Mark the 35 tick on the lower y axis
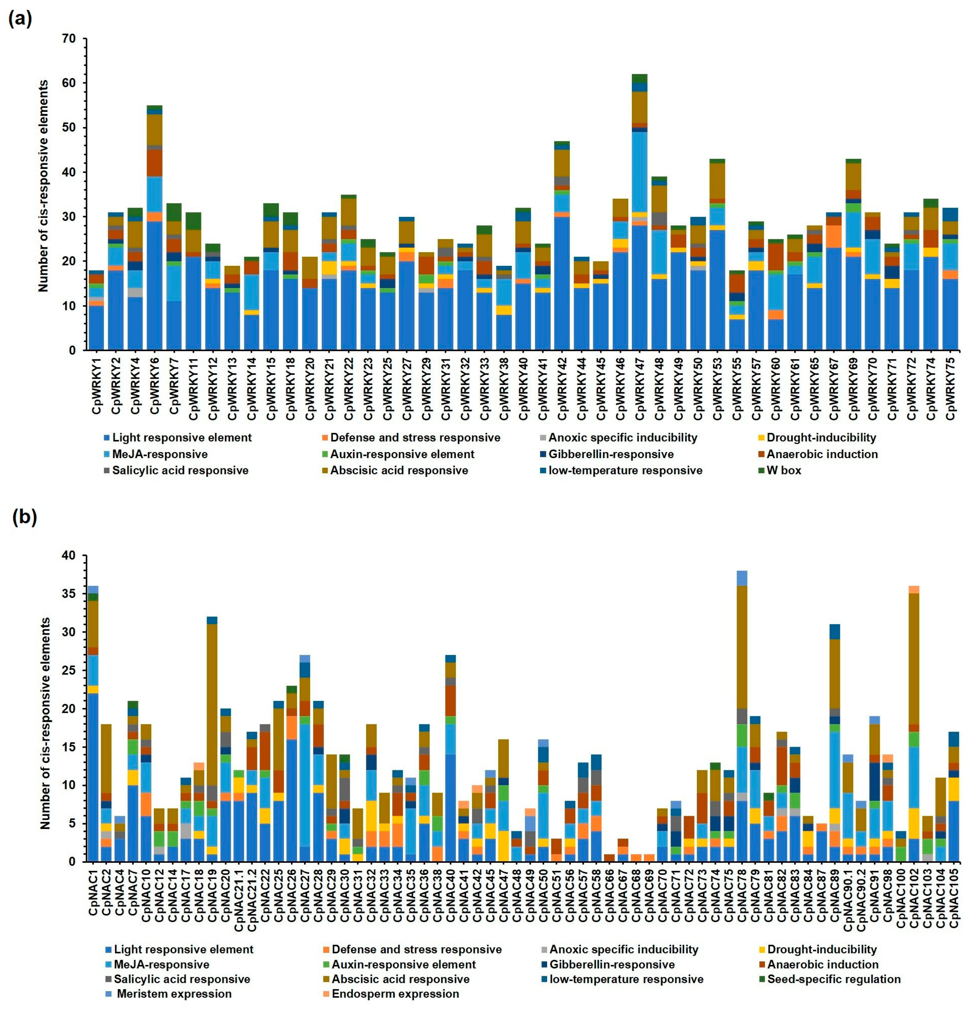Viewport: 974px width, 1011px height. pos(68,594)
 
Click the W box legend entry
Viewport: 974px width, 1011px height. pos(783,470)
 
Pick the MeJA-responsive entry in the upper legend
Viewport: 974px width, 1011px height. pos(159,454)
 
